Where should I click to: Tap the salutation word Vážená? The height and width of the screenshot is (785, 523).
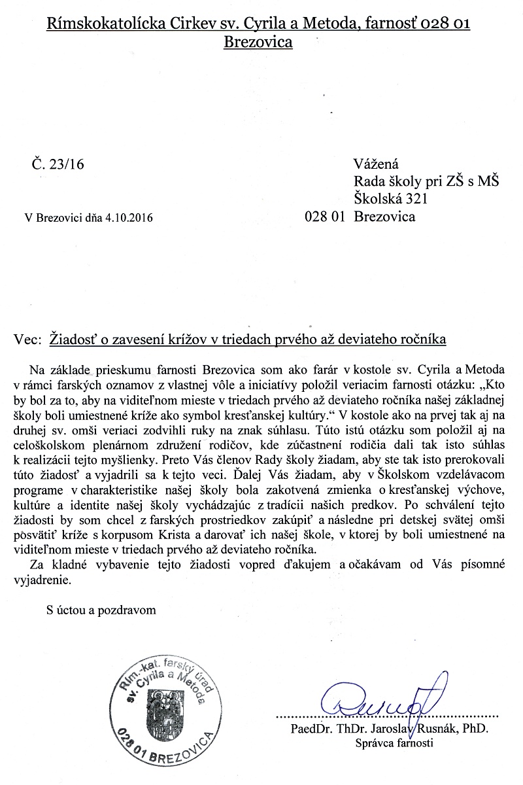[x=376, y=164]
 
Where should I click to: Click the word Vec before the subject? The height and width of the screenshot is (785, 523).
[x=25, y=340]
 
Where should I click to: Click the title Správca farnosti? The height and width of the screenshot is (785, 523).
[x=394, y=743]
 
